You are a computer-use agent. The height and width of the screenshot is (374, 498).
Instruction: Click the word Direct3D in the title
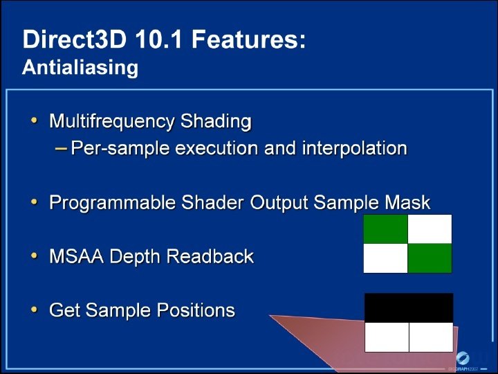click(75, 39)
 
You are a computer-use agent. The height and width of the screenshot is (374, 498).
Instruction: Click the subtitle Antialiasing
click(80, 68)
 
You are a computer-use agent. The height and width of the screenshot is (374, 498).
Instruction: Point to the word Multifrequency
click(112, 121)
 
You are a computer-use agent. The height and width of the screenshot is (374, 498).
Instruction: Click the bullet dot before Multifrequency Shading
click(35, 121)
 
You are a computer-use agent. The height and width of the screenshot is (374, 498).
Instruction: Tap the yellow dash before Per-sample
click(61, 148)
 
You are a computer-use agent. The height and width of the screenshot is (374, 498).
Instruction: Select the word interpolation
click(355, 148)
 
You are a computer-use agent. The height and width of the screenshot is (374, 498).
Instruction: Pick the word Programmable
click(113, 202)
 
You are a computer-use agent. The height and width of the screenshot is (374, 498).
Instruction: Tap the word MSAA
click(77, 256)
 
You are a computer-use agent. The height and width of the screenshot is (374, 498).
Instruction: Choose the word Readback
click(210, 256)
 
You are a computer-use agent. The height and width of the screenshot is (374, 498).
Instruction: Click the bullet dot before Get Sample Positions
click(35, 310)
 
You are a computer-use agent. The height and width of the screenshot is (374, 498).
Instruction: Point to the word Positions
click(196, 310)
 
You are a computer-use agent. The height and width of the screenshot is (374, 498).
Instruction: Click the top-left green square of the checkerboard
click(385, 229)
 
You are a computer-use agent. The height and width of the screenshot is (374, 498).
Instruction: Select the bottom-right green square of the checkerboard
click(430, 258)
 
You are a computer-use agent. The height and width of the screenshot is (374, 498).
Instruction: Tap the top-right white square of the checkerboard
click(430, 229)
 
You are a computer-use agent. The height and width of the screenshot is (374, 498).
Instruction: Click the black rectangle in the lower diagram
click(409, 308)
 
